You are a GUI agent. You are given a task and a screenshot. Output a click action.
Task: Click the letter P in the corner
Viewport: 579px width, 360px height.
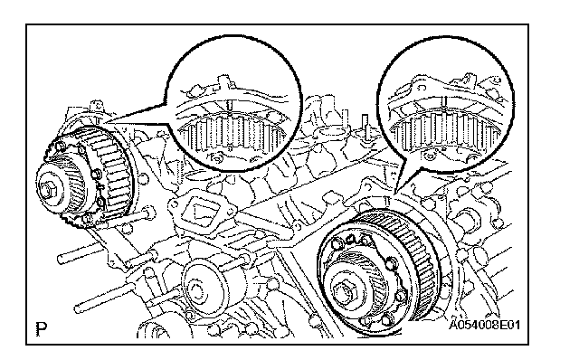pyautogui.click(x=42, y=329)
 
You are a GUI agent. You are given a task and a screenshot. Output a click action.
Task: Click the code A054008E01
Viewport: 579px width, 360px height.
pyautogui.click(x=485, y=326)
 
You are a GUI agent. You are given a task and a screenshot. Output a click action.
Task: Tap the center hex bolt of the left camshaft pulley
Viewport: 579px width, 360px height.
pyautogui.click(x=46, y=190)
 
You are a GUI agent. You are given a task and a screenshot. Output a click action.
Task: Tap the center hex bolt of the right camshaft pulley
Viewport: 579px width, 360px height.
pyautogui.click(x=346, y=288)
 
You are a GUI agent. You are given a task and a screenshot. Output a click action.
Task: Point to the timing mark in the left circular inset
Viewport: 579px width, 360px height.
pyautogui.click(x=229, y=105)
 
